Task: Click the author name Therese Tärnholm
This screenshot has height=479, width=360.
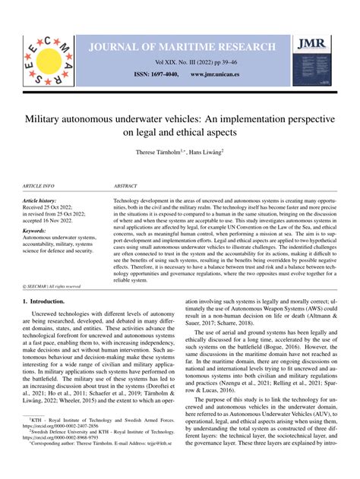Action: coord(160,152)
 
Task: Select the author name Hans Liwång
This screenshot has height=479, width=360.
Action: coord(209,152)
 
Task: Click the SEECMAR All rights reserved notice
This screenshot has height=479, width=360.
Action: coord(52,286)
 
